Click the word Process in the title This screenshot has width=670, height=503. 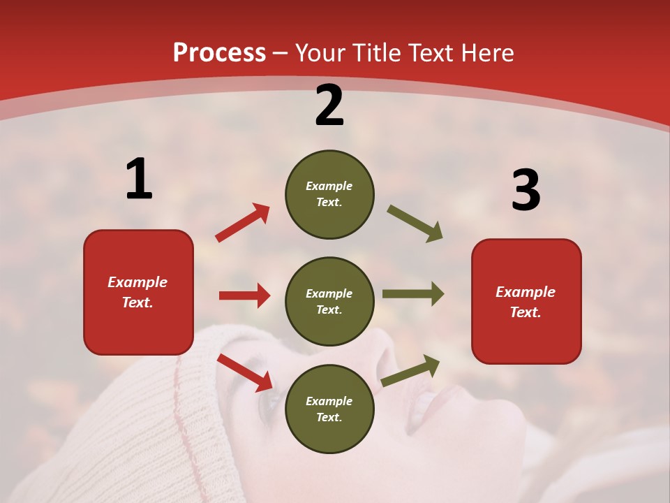219,52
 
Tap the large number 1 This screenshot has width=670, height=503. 139,179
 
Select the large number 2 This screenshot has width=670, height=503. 329,105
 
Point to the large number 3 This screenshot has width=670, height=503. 526,190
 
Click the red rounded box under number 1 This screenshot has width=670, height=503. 138,292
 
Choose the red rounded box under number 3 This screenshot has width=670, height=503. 526,301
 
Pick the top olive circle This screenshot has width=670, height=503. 329,194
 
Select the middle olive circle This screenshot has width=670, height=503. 329,301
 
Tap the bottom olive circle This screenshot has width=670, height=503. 329,409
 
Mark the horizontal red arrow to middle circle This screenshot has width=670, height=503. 244,296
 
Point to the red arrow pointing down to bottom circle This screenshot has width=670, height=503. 244,372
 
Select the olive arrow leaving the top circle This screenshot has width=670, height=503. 415,224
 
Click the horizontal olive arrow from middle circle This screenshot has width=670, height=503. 413,294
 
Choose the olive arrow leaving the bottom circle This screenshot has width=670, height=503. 410,370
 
